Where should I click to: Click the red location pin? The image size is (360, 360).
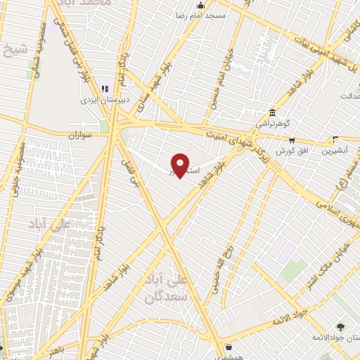point(181,165)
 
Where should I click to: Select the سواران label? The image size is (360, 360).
point(82,134)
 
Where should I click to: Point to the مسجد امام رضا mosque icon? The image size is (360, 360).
point(200,6)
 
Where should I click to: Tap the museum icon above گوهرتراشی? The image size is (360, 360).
point(272,112)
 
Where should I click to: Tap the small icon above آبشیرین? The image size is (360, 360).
point(335,140)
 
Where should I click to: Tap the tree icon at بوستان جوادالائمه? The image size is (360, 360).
point(340,326)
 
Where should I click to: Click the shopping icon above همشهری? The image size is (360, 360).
point(229,347)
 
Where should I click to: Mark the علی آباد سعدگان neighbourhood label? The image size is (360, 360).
point(167,289)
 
